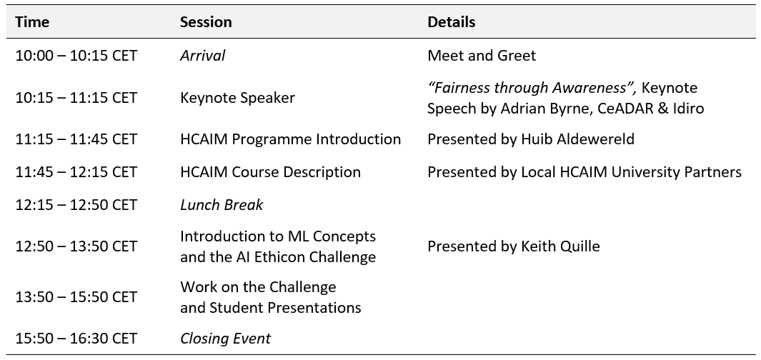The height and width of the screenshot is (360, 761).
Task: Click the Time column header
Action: point(32,22)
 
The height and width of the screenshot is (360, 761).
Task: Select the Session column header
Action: point(206,22)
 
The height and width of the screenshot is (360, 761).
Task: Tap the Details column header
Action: point(452,22)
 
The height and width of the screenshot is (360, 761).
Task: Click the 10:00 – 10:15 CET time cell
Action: point(76,55)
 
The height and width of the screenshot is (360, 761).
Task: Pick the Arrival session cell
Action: point(202,55)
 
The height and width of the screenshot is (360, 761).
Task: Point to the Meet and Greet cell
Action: point(482,55)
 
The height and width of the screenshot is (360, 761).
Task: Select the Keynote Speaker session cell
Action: point(237,98)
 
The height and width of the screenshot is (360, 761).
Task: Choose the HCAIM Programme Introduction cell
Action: point(290,139)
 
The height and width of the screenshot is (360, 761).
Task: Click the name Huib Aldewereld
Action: point(577,139)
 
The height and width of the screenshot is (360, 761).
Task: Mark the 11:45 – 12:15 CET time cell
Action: point(76,172)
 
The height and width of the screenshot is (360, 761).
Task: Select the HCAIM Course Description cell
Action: point(270,172)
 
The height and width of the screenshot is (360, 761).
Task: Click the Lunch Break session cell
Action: point(222,205)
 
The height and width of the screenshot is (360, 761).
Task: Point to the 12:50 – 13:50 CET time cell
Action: point(76,246)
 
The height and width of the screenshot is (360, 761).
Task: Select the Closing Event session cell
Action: point(225,338)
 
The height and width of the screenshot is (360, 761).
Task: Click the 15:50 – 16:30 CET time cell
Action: point(76,339)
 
